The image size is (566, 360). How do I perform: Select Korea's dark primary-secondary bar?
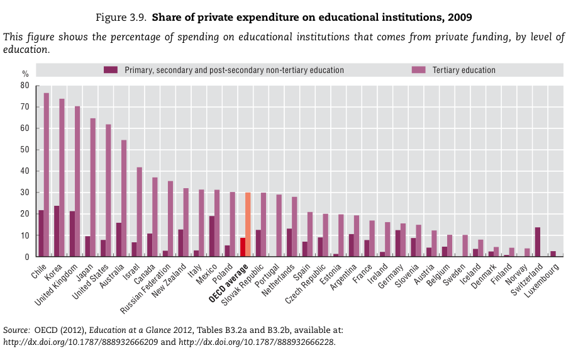(57, 231)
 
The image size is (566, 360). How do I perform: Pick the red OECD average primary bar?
(242, 247)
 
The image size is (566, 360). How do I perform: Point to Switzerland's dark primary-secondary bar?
(538, 242)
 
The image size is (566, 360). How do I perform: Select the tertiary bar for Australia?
(124, 198)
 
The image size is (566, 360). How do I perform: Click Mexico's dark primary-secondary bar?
(211, 236)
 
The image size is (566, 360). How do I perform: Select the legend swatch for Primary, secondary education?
(111, 70)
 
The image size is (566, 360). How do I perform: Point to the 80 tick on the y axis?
(25, 85)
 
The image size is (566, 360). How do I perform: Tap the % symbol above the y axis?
(25, 74)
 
